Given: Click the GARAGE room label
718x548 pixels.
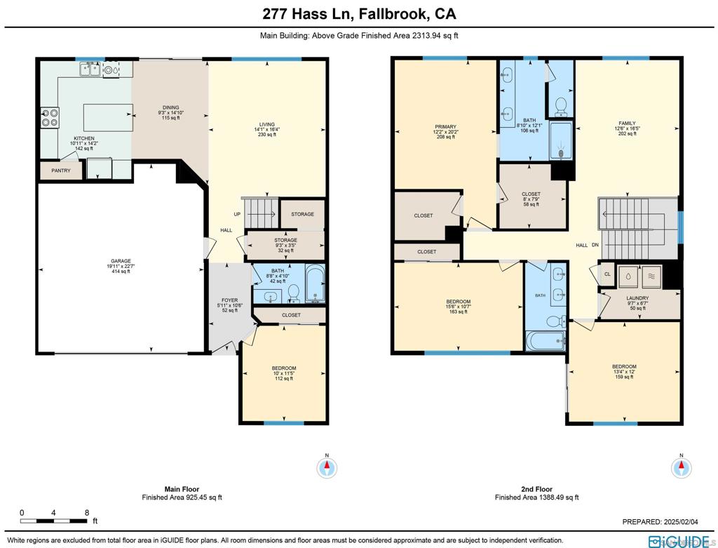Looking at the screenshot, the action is coord(121,261).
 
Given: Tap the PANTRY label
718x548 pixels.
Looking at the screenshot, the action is coord(61,171).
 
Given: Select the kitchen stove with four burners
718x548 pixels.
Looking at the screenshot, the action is coord(50,117).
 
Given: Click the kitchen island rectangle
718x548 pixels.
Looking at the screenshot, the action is coord(108,118).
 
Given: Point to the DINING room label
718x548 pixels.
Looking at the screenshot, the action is coord(171,107).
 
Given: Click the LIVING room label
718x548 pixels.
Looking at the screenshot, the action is coord(267,124).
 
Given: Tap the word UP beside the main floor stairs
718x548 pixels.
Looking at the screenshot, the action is coord(237,214).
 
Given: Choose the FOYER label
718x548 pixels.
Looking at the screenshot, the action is coord(230,300).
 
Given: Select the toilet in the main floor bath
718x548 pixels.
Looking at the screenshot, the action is coord(293,293).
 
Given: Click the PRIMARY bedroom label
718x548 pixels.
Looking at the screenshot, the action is coord(445,127).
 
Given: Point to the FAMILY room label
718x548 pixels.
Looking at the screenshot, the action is coord(628,123).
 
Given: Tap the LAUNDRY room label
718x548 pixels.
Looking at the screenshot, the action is coord(637,298).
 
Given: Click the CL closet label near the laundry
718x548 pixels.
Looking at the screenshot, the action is coord(608,274).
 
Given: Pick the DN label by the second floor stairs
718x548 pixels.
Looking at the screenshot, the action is coord(595,245).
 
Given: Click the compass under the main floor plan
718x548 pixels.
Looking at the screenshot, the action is coord(327,468).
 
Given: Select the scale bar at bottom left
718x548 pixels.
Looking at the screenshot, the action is coord(53,521).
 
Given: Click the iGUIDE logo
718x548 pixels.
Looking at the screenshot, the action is coord(679,541).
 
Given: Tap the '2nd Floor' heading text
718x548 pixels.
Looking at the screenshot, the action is coord(536,489).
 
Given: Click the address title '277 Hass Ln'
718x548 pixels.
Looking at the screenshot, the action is coord(307,14).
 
